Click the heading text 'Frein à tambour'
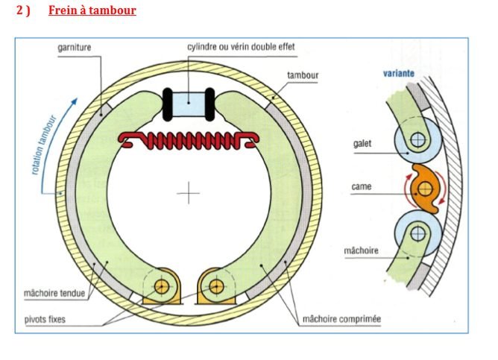[x=92, y=11]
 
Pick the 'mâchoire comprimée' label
[x=341, y=319]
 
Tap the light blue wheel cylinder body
[x=189, y=101]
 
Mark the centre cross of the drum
[x=189, y=194]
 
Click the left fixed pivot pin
[x=161, y=285]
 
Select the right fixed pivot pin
[x=216, y=285]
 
